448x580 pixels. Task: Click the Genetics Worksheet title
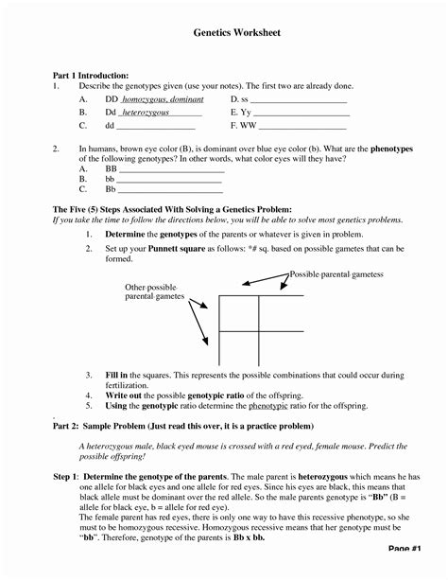point(223,32)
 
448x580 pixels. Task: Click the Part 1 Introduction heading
point(90,74)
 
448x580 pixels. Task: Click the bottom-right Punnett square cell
point(282,343)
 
